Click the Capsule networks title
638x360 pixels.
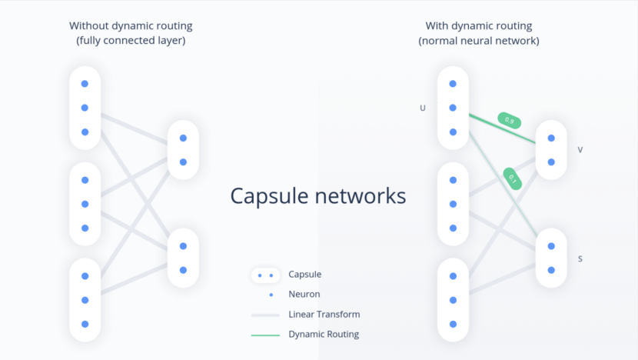coord(318,196)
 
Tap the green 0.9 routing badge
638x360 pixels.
coord(510,120)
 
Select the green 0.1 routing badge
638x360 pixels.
coord(513,178)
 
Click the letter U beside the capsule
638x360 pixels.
coord(422,108)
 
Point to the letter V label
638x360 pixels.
coord(580,150)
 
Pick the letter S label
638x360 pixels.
coord(580,258)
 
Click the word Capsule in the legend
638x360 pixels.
coord(305,274)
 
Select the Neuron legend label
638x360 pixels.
coord(304,294)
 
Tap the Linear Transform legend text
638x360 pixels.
coord(324,314)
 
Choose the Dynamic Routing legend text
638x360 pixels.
coord(324,334)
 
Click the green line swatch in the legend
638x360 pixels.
coord(265,335)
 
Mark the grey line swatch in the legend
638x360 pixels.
coord(265,315)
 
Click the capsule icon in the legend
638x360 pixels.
coord(265,275)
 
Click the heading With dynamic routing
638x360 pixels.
coord(478,25)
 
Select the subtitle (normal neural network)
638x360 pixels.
coord(478,40)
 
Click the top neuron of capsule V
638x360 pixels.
coord(551,138)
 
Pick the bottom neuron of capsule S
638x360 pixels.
coord(551,270)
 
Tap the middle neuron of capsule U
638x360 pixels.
coord(453,108)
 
